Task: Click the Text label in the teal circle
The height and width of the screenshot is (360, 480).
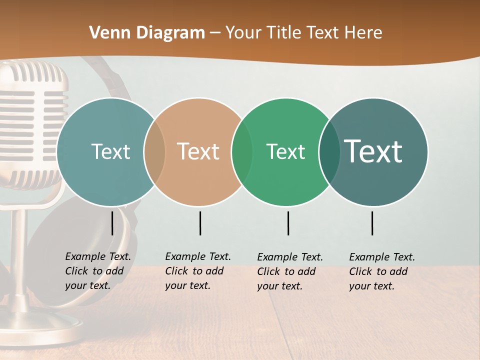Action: [x=110, y=151]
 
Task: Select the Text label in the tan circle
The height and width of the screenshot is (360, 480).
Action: [x=198, y=151]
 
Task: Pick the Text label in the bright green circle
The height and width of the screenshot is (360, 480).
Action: [x=285, y=151]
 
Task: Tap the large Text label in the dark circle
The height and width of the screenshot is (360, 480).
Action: [x=373, y=151]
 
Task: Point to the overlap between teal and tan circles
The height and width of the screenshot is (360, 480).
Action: [x=154, y=152]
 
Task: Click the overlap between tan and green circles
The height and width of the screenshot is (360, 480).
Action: [x=242, y=152]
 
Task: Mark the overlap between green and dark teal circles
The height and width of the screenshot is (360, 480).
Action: [x=329, y=152]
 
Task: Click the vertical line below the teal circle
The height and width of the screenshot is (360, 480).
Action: [x=112, y=223]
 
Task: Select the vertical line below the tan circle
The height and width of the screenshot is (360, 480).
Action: [x=200, y=223]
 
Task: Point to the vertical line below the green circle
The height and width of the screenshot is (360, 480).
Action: [x=288, y=223]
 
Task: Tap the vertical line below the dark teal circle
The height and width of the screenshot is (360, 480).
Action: [x=372, y=223]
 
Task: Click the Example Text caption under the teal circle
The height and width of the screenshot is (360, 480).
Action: [x=97, y=271]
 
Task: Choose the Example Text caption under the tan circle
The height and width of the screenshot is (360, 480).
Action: [x=197, y=271]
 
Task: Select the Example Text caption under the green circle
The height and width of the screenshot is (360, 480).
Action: [x=289, y=271]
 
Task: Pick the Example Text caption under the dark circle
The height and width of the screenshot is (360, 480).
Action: [x=381, y=271]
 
